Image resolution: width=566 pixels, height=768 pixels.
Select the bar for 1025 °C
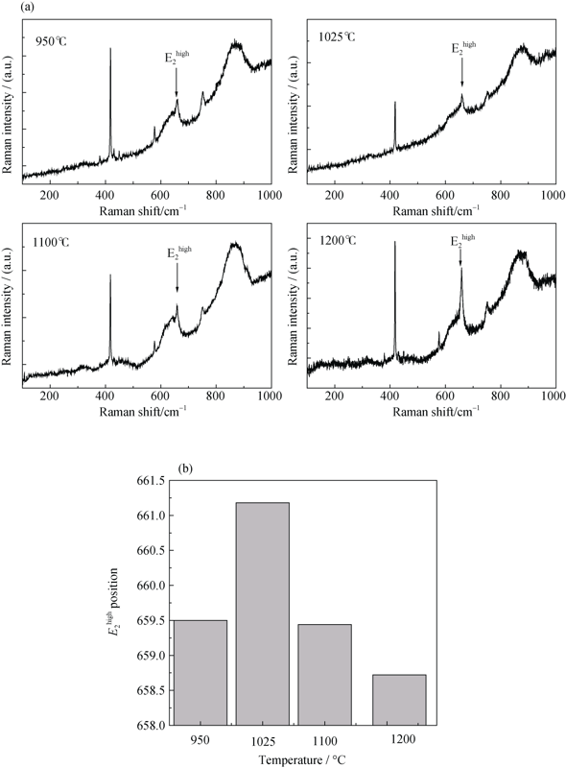(x=263, y=613)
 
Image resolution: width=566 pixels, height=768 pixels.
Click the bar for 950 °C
(x=200, y=673)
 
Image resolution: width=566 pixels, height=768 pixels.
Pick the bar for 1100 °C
(x=324, y=675)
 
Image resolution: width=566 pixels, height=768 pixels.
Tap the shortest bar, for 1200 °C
(x=399, y=700)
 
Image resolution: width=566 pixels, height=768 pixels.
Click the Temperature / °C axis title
(x=301, y=759)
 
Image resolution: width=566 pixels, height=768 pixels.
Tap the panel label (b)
(x=185, y=468)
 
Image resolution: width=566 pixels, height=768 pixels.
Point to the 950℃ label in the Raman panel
(x=51, y=41)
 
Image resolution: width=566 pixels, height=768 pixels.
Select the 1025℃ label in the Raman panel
(x=337, y=36)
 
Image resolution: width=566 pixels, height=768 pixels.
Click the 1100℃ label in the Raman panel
(x=51, y=242)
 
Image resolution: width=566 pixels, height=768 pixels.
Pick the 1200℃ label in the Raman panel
(x=338, y=241)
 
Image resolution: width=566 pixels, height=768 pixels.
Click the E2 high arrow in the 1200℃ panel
(x=460, y=255)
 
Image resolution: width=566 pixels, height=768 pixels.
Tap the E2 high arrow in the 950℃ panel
(x=177, y=83)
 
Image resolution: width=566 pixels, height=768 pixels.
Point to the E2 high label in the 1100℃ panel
(x=179, y=252)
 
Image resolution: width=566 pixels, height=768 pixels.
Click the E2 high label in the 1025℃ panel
(x=463, y=47)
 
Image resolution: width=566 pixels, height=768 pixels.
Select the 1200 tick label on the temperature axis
(x=404, y=738)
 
